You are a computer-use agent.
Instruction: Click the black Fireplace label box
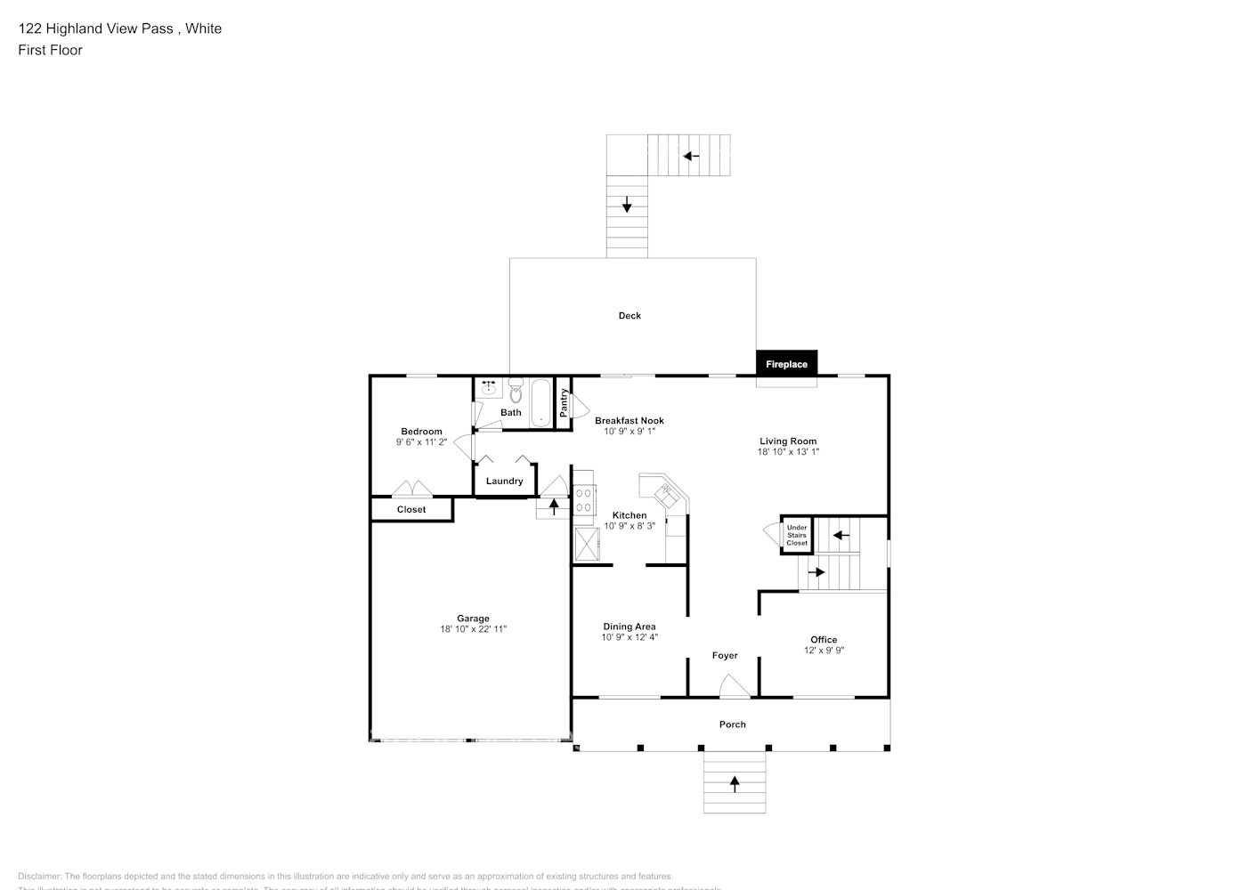point(786,364)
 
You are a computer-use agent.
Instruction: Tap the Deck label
point(629,316)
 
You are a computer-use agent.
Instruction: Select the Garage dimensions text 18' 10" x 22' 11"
point(473,629)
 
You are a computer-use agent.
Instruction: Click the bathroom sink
point(489,388)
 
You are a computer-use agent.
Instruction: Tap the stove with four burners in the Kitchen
point(583,499)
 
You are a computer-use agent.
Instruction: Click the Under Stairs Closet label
point(797,535)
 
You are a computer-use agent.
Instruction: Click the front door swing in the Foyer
point(734,685)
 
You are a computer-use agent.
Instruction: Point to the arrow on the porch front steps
point(735,783)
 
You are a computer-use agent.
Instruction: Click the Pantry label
point(564,403)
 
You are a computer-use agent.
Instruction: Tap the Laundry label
point(504,481)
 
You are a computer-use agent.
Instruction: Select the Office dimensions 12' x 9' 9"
point(824,651)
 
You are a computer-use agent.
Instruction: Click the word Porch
point(733,724)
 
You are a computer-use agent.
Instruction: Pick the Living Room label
point(788,441)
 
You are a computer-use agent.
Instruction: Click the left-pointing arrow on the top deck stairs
point(690,156)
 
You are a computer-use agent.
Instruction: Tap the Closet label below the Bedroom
point(411,510)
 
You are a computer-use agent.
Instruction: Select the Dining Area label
point(629,627)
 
